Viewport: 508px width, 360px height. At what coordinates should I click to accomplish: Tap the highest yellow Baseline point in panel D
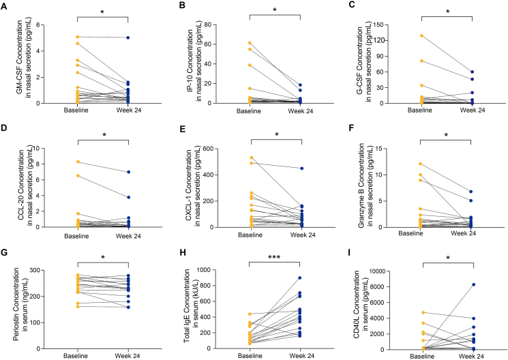[x=78, y=162]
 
